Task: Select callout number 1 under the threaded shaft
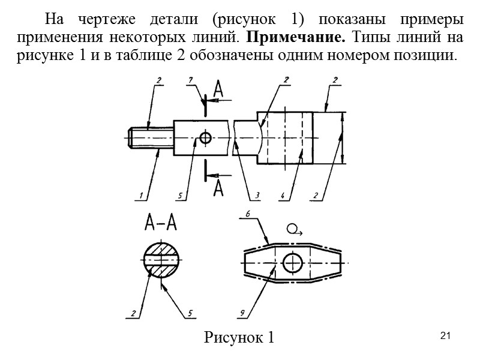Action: [x=140, y=194]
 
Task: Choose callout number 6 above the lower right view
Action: [x=247, y=213]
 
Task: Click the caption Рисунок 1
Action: [x=239, y=337]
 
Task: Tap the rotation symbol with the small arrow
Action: [x=295, y=229]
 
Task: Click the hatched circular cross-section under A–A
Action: [x=161, y=259]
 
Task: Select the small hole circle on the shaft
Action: [x=206, y=138]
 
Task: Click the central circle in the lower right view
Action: [x=292, y=262]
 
